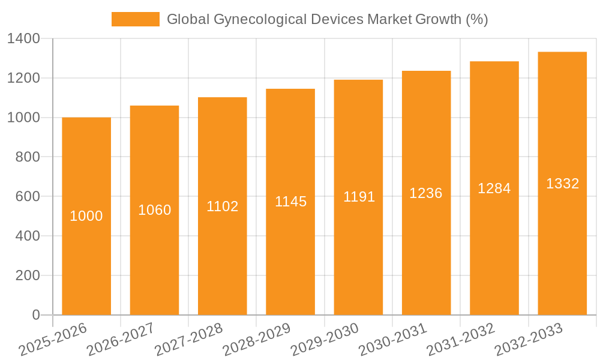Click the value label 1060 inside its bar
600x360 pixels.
coord(155,210)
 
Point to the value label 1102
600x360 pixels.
coord(223,206)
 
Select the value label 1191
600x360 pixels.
coord(359,197)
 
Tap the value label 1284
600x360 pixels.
coord(494,188)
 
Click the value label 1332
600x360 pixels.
coord(562,184)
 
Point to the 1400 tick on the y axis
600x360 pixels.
coord(23,39)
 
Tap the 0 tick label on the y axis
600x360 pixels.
coord(36,315)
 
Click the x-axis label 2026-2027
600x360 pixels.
coord(120,340)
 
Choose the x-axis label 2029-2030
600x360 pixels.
coord(324,340)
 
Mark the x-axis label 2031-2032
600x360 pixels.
coord(460,340)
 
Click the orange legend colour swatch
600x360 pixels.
coord(136,19)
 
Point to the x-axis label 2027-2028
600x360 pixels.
coord(188,340)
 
